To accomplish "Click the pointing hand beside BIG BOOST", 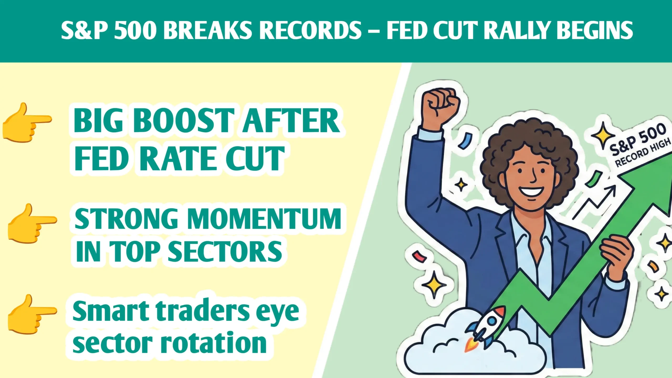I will click(x=26, y=123).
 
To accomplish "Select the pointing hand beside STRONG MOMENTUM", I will click(x=31, y=223).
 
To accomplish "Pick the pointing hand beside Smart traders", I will click(x=31, y=314).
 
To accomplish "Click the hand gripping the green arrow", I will click(x=617, y=256).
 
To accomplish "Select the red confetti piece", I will click(x=419, y=256).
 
